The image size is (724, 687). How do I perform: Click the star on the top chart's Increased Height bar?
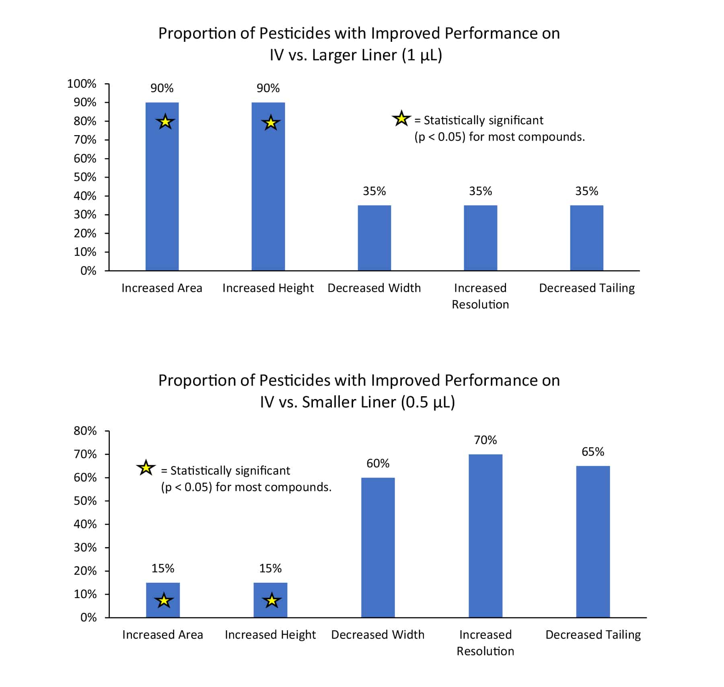click(x=271, y=123)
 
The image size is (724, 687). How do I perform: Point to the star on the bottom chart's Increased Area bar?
click(x=164, y=601)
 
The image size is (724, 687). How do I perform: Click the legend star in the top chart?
click(x=401, y=119)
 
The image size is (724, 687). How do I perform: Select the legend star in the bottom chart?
click(x=146, y=468)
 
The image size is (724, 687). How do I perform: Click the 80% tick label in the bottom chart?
click(x=85, y=431)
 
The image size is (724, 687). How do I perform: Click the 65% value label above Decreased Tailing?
click(x=593, y=452)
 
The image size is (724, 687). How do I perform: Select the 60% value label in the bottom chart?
click(x=378, y=463)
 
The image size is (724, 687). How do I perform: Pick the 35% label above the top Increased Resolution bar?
click(x=480, y=191)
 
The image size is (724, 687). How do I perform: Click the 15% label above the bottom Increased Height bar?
click(x=270, y=568)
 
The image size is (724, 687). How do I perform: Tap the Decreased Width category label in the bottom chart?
click(x=378, y=635)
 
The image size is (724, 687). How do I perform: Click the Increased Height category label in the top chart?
click(x=268, y=288)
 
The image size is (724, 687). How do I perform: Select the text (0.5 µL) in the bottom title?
click(x=428, y=402)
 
